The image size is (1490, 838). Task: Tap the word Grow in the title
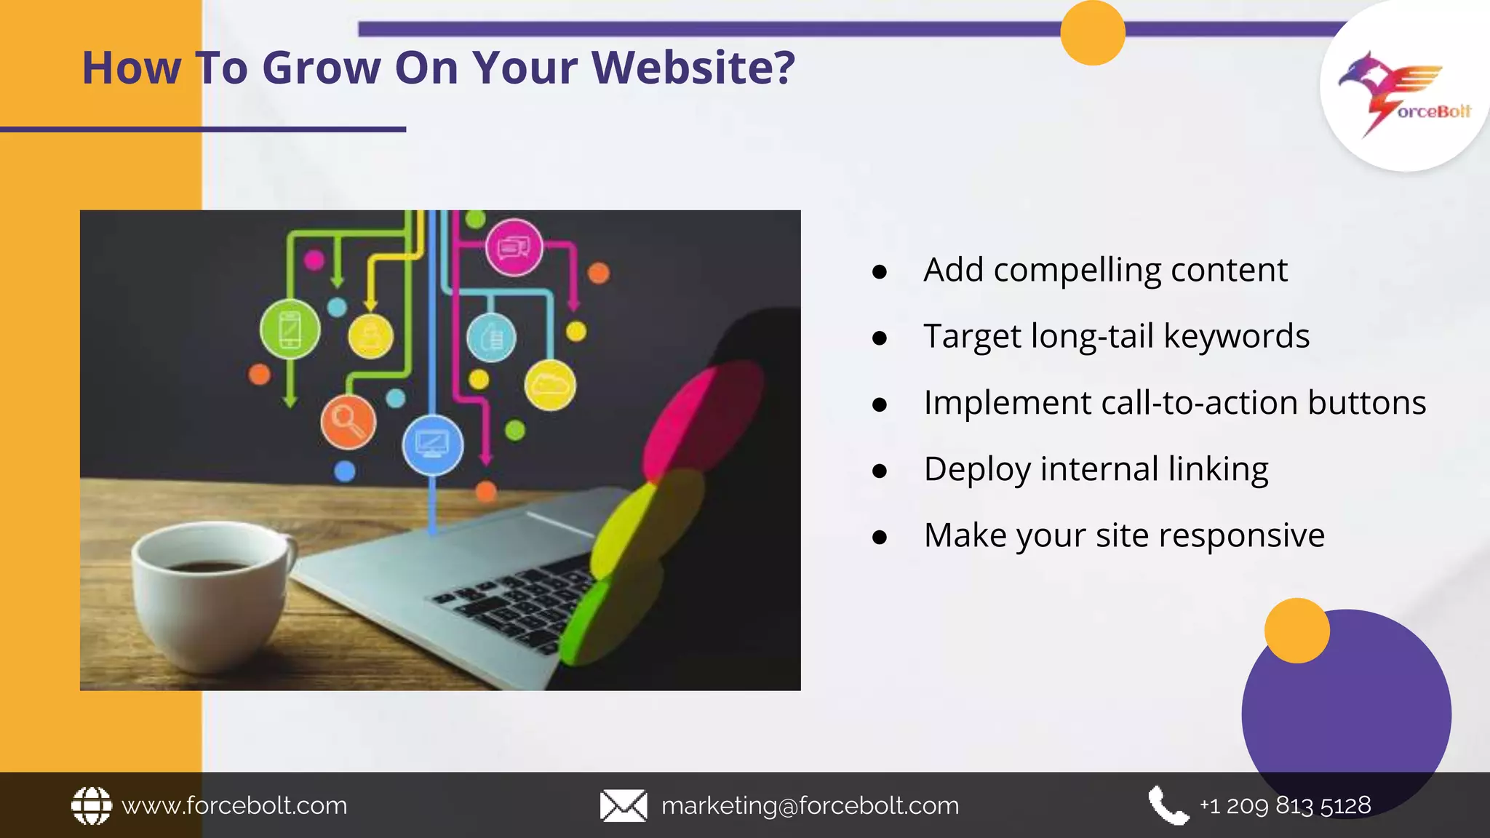click(x=321, y=68)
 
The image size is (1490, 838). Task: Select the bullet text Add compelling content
click(x=1105, y=270)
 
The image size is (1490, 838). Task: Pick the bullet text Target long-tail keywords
click(x=1116, y=336)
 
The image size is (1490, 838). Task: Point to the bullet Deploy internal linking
click(x=1096, y=469)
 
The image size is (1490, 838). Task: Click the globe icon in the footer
click(x=92, y=805)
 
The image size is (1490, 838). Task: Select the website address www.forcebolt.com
click(x=234, y=806)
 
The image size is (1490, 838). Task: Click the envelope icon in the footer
click(x=623, y=806)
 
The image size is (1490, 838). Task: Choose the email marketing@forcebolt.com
click(x=810, y=806)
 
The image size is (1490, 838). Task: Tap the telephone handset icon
click(x=1168, y=805)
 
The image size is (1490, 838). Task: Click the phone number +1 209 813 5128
click(x=1285, y=805)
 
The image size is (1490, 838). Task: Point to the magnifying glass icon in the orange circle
click(x=348, y=422)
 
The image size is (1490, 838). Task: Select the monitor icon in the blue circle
click(x=432, y=444)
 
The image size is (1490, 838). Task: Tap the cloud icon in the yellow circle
click(x=550, y=384)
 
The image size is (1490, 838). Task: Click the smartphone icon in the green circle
click(x=290, y=330)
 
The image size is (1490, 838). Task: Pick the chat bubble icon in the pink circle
click(x=514, y=247)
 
